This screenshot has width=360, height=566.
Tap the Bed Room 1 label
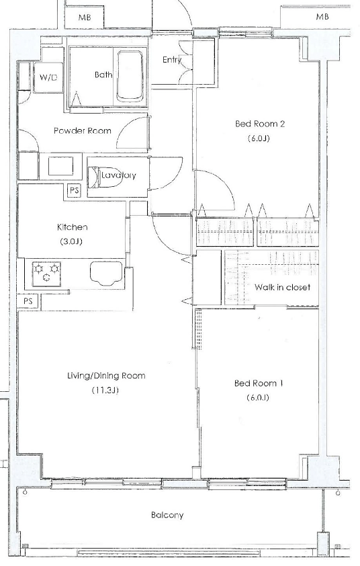click(259, 383)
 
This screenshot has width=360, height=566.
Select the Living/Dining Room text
click(106, 376)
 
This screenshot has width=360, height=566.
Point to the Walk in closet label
click(282, 288)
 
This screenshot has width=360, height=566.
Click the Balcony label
click(167, 516)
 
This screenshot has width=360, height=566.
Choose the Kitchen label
click(73, 228)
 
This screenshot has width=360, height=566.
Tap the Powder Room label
click(82, 130)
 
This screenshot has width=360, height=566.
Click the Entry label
click(172, 60)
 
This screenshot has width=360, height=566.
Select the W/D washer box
click(48, 78)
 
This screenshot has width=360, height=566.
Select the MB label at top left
click(85, 17)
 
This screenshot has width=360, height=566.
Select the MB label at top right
click(322, 17)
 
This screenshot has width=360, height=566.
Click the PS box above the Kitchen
click(74, 191)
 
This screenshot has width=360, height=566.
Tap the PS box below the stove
click(28, 302)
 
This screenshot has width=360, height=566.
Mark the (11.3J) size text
click(105, 390)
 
